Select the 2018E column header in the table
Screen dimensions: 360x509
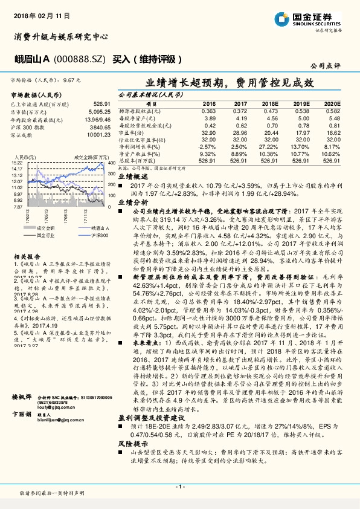coord(270,104)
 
